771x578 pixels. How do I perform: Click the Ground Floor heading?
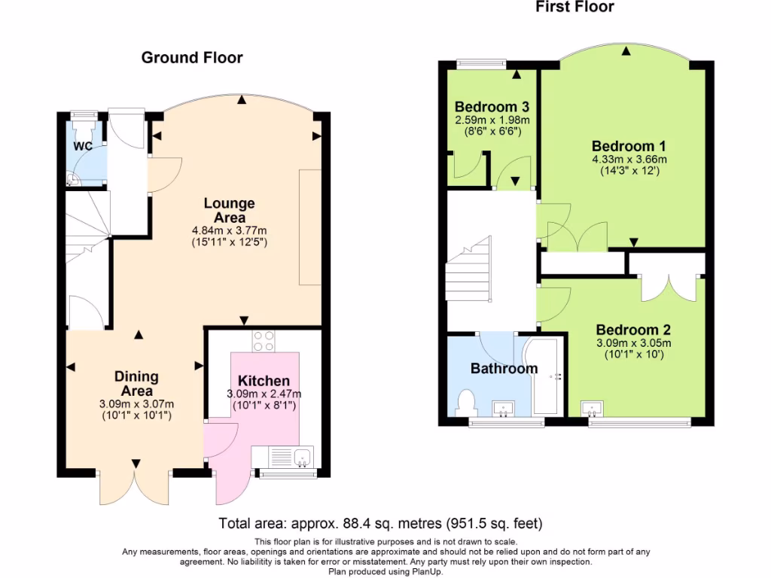[192, 57]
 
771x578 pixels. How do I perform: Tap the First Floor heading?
[574, 7]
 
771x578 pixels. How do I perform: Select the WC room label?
[83, 146]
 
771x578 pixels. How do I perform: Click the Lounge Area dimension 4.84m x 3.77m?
[229, 230]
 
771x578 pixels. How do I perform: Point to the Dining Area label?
[137, 384]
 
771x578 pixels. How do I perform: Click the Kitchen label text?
[264, 381]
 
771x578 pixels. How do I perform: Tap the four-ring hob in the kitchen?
[264, 341]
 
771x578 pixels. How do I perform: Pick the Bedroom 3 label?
[492, 107]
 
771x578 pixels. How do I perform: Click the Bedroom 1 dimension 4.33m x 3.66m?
[629, 160]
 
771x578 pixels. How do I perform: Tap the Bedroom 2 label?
[633, 330]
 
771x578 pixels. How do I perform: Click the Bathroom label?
[504, 369]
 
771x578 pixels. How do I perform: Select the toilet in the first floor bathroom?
[465, 403]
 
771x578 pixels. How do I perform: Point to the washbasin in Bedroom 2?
[592, 409]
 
